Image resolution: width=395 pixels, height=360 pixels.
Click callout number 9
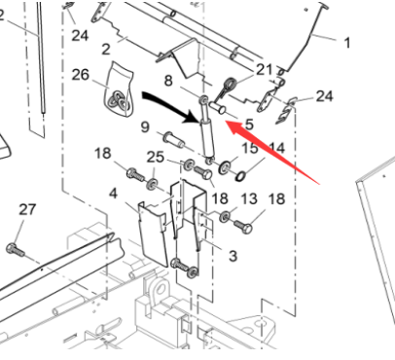click(x=144, y=126)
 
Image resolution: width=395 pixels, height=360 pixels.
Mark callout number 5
click(x=249, y=124)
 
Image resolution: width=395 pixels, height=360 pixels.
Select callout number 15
click(x=251, y=148)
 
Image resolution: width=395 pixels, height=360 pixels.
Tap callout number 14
click(x=278, y=148)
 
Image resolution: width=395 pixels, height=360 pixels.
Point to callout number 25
click(x=156, y=157)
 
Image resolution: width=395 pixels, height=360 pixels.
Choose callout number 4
click(x=114, y=194)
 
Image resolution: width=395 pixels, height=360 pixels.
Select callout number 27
click(x=27, y=208)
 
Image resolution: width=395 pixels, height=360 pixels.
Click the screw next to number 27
click(x=17, y=248)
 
